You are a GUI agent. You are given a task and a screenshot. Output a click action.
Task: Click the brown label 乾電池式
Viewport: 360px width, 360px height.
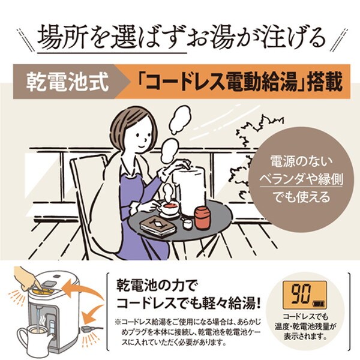click(x=67, y=82)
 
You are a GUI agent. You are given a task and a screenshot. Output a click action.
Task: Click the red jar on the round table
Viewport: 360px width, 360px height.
click(x=202, y=218)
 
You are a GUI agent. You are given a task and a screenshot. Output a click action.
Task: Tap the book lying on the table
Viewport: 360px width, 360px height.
click(x=158, y=226)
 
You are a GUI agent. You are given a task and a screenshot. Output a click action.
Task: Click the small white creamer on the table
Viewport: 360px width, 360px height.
click(x=188, y=223)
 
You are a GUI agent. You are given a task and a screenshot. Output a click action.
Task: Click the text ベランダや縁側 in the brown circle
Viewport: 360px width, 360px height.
click(x=301, y=179)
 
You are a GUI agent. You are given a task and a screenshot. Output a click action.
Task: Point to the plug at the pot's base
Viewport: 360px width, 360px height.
click(x=86, y=329)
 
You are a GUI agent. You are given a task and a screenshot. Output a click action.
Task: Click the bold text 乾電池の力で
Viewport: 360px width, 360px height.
click(x=154, y=286)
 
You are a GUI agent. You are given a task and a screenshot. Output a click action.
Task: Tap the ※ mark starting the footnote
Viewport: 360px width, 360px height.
click(x=118, y=322)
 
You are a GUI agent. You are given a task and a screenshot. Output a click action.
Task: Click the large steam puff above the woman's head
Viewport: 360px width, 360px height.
click(x=180, y=119)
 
